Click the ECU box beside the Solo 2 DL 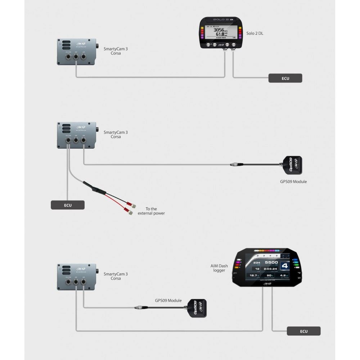point(285,78)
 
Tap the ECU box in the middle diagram point(67,205)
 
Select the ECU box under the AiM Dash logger point(303,331)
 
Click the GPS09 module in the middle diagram point(292,165)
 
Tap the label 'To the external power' point(151,211)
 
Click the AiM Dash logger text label point(219,268)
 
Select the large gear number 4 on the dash point(284,266)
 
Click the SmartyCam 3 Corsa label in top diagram point(116,51)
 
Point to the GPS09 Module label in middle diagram point(293,182)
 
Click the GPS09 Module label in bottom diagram point(168,301)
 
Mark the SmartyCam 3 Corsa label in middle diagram point(116,134)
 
